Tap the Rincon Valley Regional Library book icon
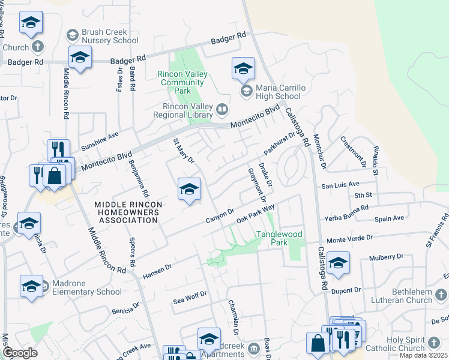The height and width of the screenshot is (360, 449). coord(222,109)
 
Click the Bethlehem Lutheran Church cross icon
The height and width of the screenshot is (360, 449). coord(441,295)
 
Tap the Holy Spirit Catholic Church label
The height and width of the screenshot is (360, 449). coord(414,344)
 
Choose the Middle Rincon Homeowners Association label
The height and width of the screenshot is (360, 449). coord(128,212)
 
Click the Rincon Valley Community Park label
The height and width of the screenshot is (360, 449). coord(182,82)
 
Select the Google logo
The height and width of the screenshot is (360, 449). coord(19,353)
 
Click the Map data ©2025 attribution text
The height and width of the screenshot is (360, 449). coord(423,355)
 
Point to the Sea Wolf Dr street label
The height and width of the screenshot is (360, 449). coord(190,295)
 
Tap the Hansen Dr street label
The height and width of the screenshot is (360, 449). coord(157,271)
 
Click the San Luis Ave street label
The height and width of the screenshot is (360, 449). coord(340,185)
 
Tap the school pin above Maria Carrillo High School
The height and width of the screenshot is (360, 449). coord(243,68)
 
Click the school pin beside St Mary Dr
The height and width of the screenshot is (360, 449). coord(189,190)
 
